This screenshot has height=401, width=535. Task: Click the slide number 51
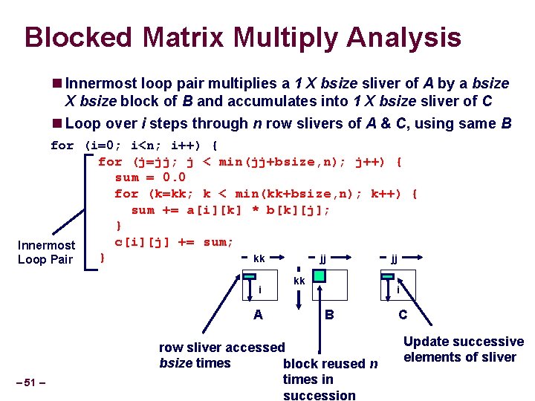pyautogui.click(x=30, y=382)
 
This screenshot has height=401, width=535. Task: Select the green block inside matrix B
pyautogui.click(x=319, y=276)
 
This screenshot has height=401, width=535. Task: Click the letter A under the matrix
pyautogui.click(x=258, y=314)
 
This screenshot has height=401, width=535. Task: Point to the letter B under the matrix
pyautogui.click(x=329, y=314)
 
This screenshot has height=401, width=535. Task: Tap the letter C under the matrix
pyautogui.click(x=402, y=314)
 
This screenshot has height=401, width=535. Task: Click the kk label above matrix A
pyautogui.click(x=259, y=259)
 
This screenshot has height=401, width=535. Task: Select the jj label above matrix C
pyautogui.click(x=395, y=259)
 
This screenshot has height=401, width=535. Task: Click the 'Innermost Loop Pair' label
pyautogui.click(x=46, y=252)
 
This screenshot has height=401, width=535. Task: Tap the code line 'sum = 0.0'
pyautogui.click(x=150, y=177)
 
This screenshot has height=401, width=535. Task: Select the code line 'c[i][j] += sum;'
pyautogui.click(x=174, y=242)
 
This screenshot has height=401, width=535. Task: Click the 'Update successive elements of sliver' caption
pyautogui.click(x=463, y=349)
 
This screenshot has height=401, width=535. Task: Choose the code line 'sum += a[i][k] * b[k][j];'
pyautogui.click(x=230, y=210)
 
